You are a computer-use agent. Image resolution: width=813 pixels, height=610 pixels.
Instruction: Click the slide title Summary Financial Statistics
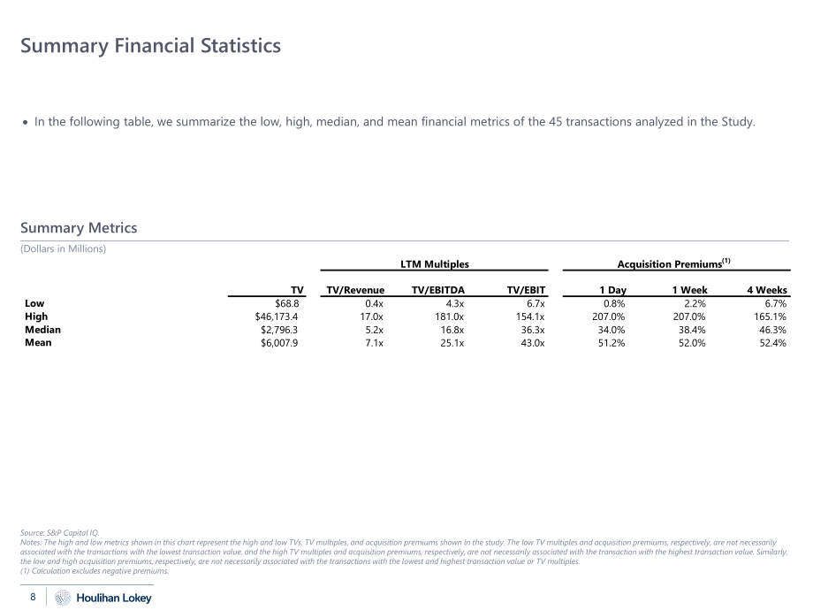(150, 46)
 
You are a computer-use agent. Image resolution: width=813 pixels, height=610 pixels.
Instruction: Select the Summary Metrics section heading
(79, 228)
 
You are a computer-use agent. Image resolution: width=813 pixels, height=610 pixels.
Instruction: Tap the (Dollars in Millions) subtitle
(64, 249)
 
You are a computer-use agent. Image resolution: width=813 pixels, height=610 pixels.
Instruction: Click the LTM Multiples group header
(435, 264)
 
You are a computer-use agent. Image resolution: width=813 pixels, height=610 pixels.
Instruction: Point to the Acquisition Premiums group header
(673, 263)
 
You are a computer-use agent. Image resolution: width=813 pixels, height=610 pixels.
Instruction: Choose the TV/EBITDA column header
(438, 290)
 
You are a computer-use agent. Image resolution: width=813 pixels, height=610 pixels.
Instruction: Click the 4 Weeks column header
(767, 290)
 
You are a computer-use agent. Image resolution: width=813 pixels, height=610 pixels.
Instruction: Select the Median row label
(42, 330)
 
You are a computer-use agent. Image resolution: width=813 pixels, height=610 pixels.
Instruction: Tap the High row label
(36, 316)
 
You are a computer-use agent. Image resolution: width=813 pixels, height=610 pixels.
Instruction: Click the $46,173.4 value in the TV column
(277, 316)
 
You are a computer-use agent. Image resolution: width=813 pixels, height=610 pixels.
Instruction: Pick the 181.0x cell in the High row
(450, 316)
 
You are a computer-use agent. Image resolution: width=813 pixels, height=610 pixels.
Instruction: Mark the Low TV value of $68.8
(286, 303)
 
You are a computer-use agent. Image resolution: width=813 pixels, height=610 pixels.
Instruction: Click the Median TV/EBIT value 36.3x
(533, 330)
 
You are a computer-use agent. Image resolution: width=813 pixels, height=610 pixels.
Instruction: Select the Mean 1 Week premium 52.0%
(692, 343)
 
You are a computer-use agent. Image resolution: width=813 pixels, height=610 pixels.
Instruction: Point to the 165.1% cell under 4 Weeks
(770, 316)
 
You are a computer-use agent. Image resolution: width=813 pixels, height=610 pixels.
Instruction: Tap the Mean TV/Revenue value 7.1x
(375, 343)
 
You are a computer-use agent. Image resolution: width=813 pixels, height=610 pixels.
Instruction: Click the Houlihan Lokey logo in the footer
(103, 598)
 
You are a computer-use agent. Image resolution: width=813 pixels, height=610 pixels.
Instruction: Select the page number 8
(33, 597)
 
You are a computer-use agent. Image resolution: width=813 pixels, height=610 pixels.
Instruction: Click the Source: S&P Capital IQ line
(59, 533)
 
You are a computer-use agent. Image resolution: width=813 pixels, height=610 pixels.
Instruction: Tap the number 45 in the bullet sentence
(555, 122)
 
